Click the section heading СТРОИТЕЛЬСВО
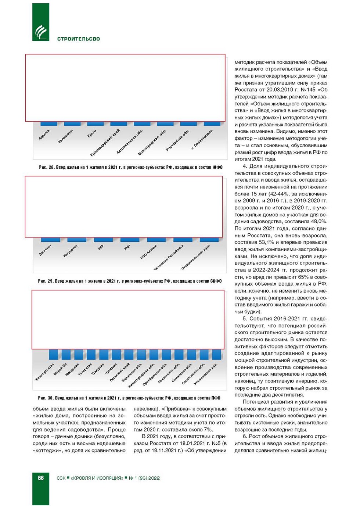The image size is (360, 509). [79, 39]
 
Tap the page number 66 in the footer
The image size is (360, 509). [41, 478]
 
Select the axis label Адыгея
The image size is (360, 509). [44, 135]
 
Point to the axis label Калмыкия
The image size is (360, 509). [65, 136]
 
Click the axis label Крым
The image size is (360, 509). [92, 133]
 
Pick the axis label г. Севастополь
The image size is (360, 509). [202, 140]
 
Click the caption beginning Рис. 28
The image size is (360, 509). [130, 167]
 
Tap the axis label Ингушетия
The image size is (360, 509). [70, 251]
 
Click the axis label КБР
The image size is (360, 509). [101, 248]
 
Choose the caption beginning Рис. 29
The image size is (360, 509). [130, 281]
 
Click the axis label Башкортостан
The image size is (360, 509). [45, 372]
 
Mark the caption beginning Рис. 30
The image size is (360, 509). [129, 398]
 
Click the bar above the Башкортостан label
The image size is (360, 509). [53, 354]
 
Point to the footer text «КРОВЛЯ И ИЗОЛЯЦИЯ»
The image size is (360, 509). [97, 478]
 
